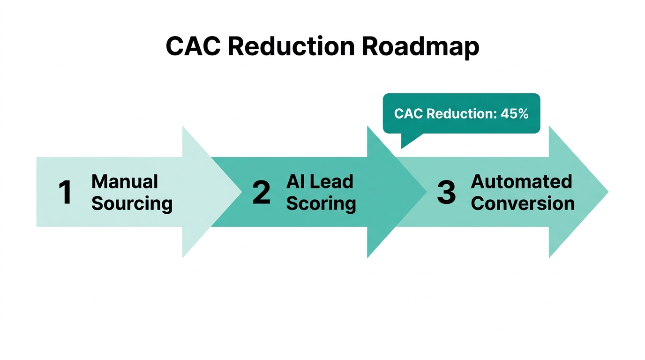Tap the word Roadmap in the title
pos(420,47)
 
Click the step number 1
pos(65,193)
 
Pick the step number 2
pos(261,193)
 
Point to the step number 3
pos(446,193)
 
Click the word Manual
pos(125,181)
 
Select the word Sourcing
pos(132,204)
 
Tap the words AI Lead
pos(320,181)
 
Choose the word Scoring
pos(321,204)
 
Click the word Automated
pos(521,181)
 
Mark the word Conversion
pos(523,204)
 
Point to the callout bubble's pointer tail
pos(408,140)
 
